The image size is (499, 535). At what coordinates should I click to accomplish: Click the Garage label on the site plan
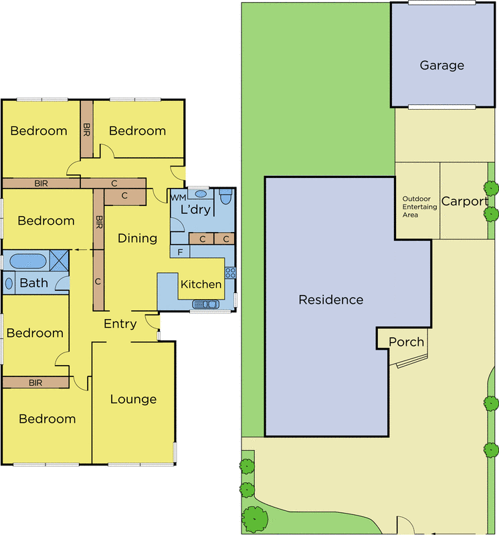(441, 65)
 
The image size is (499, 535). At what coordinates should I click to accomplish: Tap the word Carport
(464, 201)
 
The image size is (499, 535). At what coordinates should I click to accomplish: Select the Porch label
(406, 342)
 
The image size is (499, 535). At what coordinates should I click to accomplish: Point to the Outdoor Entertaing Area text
(419, 207)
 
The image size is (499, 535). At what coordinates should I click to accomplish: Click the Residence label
(330, 300)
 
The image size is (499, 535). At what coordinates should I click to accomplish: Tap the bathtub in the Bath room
(28, 261)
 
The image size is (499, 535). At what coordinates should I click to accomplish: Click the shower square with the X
(59, 260)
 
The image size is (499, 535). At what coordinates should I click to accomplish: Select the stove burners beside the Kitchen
(230, 273)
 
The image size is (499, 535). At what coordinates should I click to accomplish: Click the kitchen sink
(205, 304)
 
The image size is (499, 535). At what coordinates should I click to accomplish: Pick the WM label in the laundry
(178, 197)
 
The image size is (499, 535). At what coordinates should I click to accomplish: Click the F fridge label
(180, 252)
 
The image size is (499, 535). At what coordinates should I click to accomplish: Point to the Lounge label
(133, 399)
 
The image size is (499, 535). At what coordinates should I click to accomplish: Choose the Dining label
(137, 238)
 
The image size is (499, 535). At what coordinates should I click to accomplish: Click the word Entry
(120, 324)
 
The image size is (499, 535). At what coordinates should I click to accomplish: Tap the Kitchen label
(201, 284)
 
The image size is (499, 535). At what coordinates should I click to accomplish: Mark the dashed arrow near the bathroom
(84, 249)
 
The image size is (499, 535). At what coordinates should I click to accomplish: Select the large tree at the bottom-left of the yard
(255, 520)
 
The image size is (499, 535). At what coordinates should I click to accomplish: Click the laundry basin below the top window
(201, 194)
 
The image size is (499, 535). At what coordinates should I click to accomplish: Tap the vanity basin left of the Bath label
(9, 283)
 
